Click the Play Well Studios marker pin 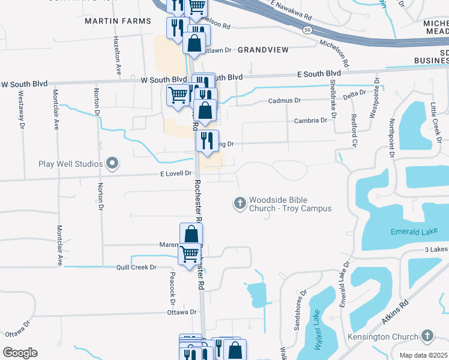[x=112, y=163]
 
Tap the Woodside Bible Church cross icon [x=240, y=203]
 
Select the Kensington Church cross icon [x=427, y=335]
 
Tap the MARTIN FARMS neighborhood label [x=118, y=21]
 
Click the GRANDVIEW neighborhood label [x=263, y=49]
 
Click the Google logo [x=20, y=353]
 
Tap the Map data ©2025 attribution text [x=424, y=355]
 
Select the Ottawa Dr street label [x=181, y=312]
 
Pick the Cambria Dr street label [x=310, y=121]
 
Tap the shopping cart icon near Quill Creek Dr [x=190, y=254]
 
